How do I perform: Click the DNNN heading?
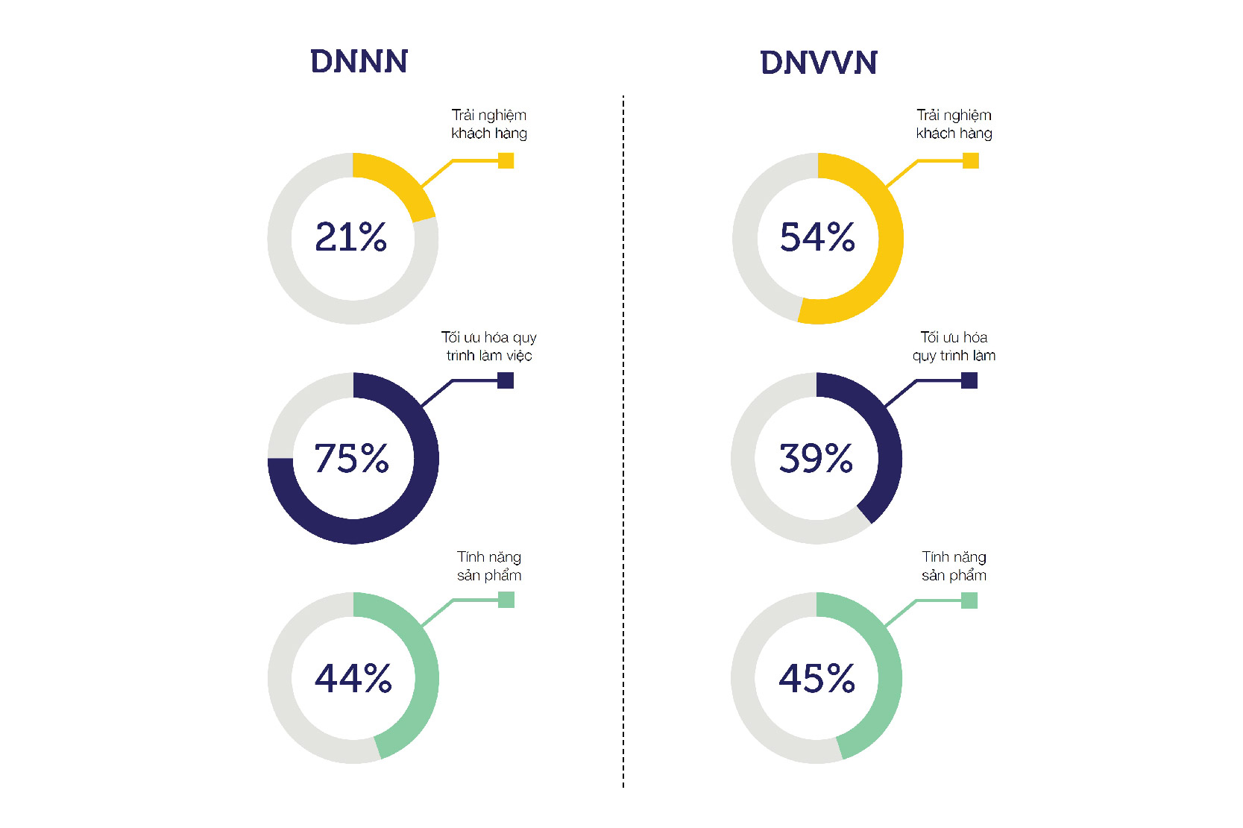359,61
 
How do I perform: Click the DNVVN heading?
818,63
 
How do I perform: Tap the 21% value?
351,237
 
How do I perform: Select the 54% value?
817,237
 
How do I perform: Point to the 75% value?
351,458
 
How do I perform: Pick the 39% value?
816,458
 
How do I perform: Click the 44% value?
353,678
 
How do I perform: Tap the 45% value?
816,678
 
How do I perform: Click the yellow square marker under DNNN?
506,160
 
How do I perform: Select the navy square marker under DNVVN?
969,380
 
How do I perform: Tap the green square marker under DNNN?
506,600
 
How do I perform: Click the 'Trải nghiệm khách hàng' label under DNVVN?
954,124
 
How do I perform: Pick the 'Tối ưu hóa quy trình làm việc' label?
489,346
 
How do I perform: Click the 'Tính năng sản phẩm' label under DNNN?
489,566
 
